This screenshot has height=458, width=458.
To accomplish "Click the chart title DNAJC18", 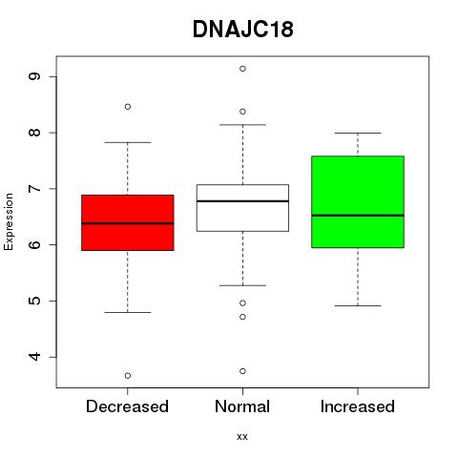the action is tap(243, 30).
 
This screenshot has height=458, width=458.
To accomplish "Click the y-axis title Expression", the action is tap(9, 221).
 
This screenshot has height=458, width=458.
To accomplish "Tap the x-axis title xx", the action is tap(242, 437).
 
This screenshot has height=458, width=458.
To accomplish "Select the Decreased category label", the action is tap(127, 406).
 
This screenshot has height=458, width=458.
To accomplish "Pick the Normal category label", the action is tap(242, 406).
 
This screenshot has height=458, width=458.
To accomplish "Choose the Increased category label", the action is tap(358, 406).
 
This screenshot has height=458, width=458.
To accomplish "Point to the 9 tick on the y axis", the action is tap(34, 76).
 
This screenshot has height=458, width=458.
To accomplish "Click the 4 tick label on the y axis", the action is tap(34, 357).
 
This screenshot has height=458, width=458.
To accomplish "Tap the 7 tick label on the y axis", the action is tap(34, 189).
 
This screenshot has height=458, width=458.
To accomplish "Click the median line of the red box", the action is tap(128, 223).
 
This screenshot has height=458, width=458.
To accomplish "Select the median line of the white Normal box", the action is tap(242, 201).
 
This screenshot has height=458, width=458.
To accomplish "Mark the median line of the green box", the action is tap(358, 216).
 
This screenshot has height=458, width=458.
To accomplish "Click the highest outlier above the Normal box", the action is tap(242, 69).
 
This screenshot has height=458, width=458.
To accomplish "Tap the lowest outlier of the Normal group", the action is tap(242, 371).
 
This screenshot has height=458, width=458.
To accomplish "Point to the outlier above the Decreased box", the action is tap(128, 107).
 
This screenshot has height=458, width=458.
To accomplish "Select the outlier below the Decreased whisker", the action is tap(128, 376).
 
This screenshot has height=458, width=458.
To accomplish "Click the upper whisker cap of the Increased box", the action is tap(358, 133).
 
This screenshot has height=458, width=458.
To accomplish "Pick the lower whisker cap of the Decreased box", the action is tap(128, 312).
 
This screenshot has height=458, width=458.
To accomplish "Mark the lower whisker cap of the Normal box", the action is tap(242, 285).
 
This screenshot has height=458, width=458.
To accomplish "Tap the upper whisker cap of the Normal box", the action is tap(242, 125).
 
